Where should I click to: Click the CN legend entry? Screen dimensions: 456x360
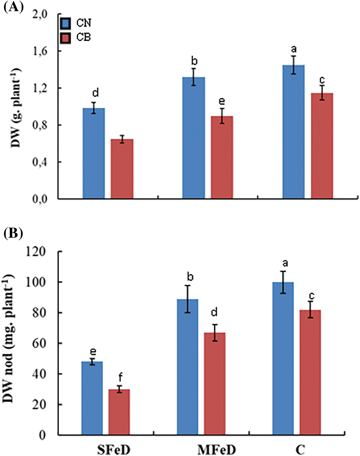tap(76, 23)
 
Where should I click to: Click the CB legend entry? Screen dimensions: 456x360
tap(76, 37)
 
